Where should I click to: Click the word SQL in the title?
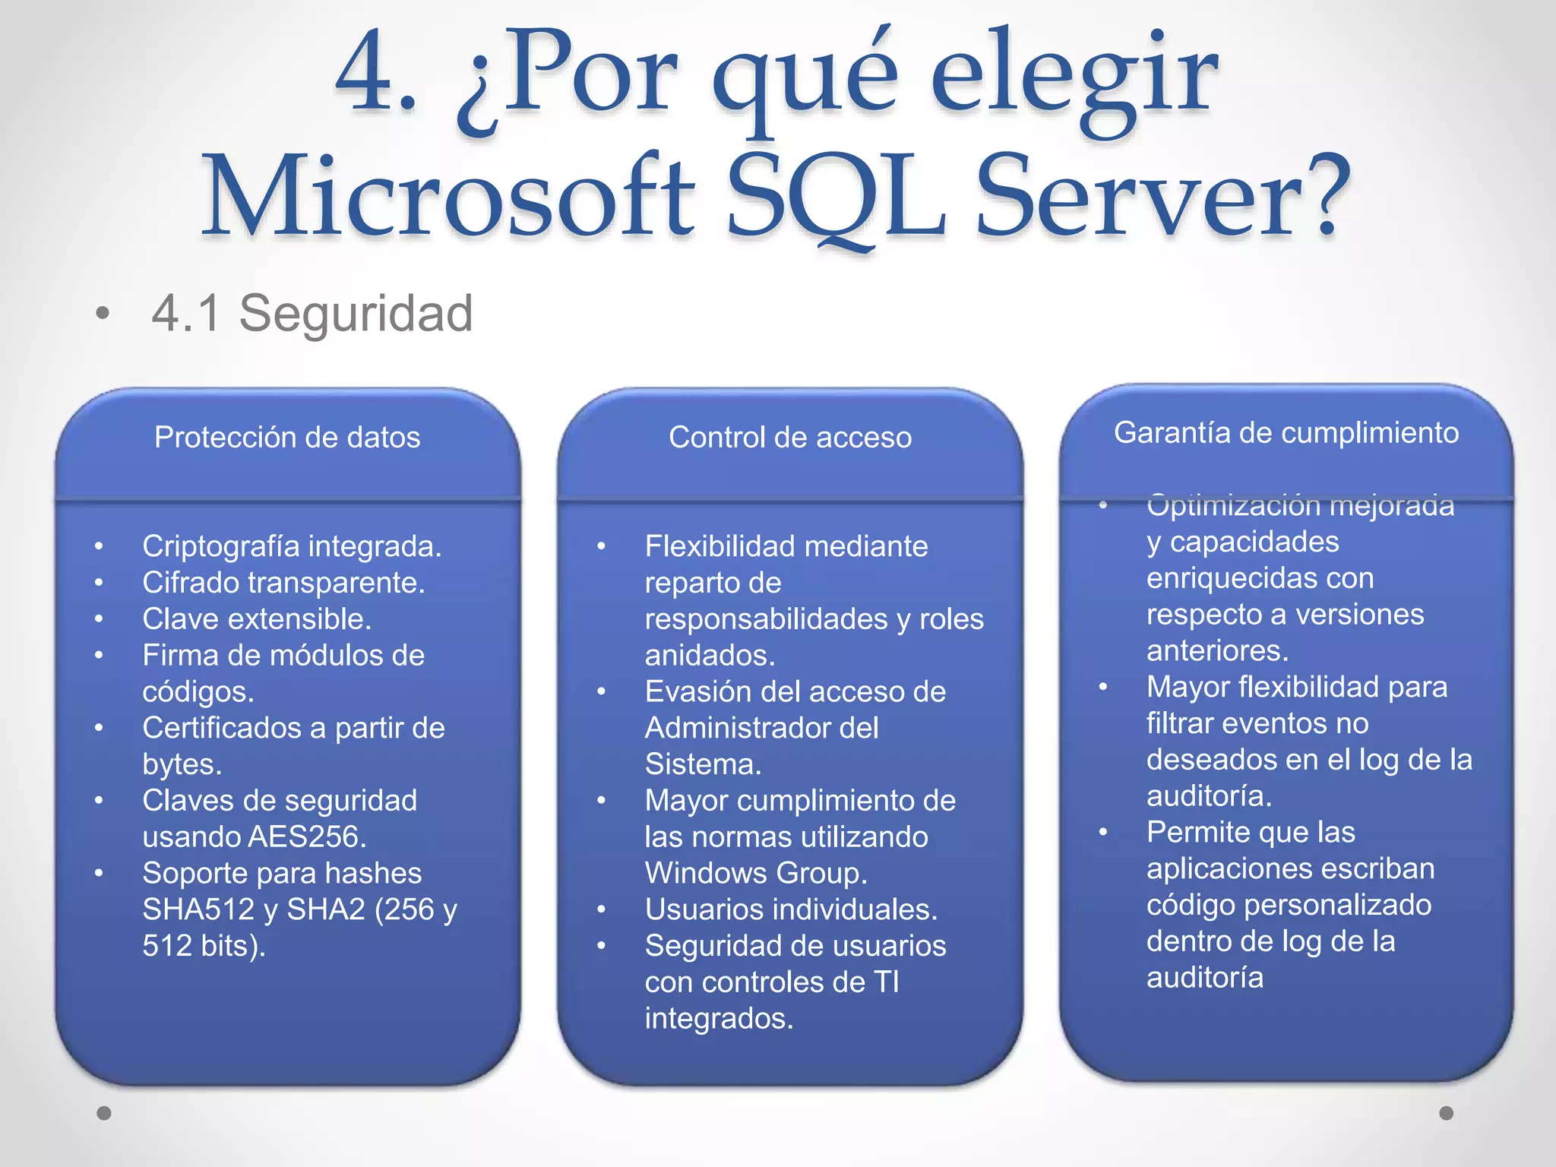(836, 196)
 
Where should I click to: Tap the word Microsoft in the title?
(448, 196)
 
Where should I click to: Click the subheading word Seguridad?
(356, 313)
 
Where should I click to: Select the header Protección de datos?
(287, 438)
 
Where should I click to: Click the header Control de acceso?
(790, 438)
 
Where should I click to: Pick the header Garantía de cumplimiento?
(1286, 432)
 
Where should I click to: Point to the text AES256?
(307, 837)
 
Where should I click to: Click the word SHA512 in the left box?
(198, 909)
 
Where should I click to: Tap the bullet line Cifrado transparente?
(283, 583)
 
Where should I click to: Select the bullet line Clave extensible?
(257, 619)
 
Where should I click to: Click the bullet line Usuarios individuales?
(791, 909)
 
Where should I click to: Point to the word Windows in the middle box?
(694, 873)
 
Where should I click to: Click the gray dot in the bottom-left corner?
(104, 1113)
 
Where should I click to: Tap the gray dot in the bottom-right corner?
(1447, 1113)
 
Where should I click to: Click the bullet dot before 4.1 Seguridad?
(103, 313)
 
